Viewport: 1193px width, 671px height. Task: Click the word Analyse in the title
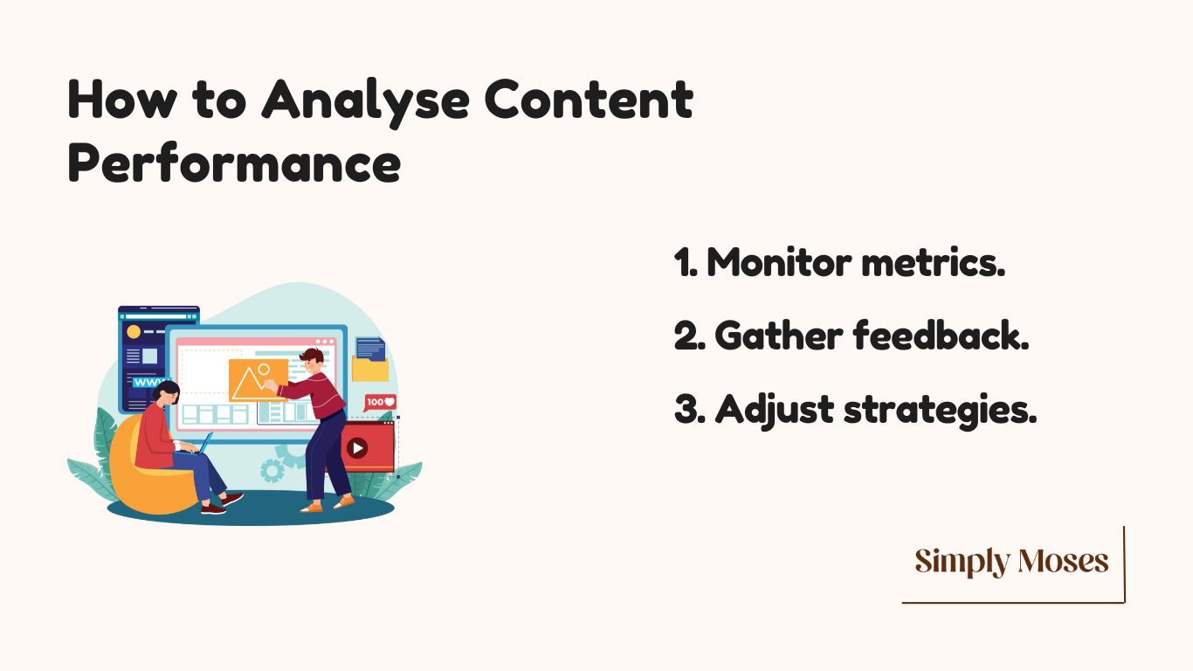tap(365, 102)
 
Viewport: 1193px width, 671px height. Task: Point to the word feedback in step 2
tap(941, 335)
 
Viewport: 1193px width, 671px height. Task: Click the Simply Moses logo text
tap(1012, 562)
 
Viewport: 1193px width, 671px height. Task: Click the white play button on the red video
tap(357, 447)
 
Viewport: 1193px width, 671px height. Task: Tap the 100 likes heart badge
tap(380, 403)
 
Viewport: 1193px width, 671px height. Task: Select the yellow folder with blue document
tap(370, 360)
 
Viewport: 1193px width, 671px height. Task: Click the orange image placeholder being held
tap(259, 380)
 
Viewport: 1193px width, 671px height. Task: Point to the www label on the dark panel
tap(149, 382)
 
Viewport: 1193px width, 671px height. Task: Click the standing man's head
tap(311, 362)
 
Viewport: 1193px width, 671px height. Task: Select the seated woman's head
tap(167, 393)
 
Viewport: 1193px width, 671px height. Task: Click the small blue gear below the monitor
tap(272, 471)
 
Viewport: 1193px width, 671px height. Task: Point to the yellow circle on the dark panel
tap(134, 332)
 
